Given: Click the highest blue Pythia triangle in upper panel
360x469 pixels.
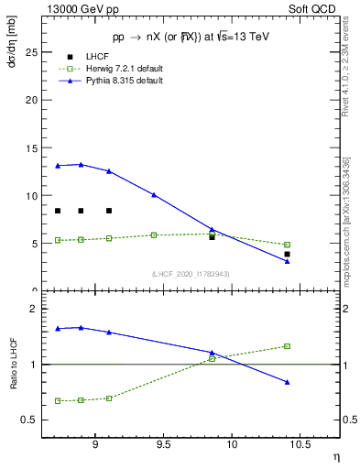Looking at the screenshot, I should click(81, 165).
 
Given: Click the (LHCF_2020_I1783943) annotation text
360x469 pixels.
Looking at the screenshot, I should click(191, 274).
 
